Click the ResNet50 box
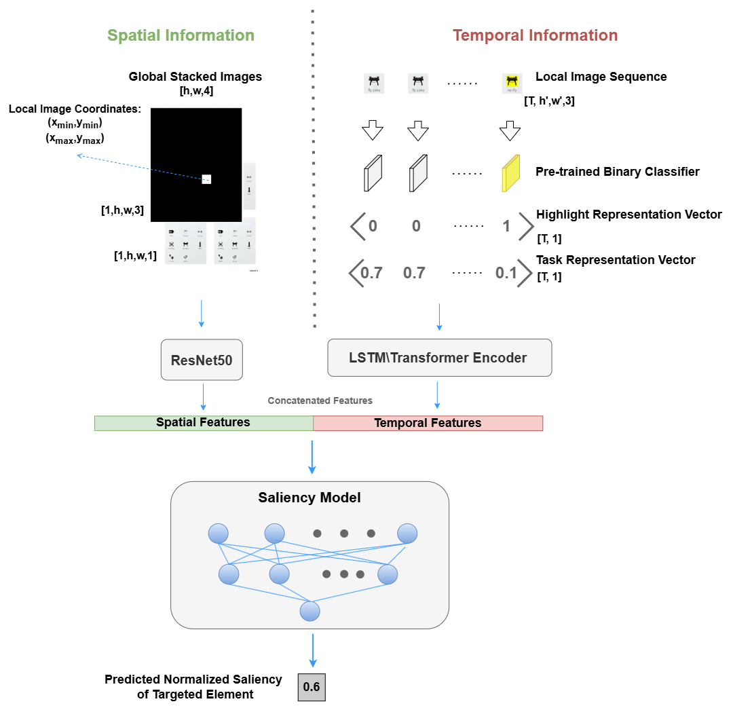point(202,360)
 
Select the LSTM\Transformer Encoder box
point(439,357)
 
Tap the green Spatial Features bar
point(204,422)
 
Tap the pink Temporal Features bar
point(428,423)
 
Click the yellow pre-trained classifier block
point(510,173)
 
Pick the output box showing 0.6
point(312,687)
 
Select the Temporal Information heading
point(535,35)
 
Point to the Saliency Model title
point(309,498)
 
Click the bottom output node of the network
point(310,611)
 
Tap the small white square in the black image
point(206,179)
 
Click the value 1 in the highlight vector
point(506,226)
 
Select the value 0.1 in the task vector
point(505,273)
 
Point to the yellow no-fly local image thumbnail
point(510,83)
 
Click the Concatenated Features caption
point(320,400)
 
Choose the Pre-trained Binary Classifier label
point(618,172)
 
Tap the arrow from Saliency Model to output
point(312,650)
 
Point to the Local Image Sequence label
point(601,77)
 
